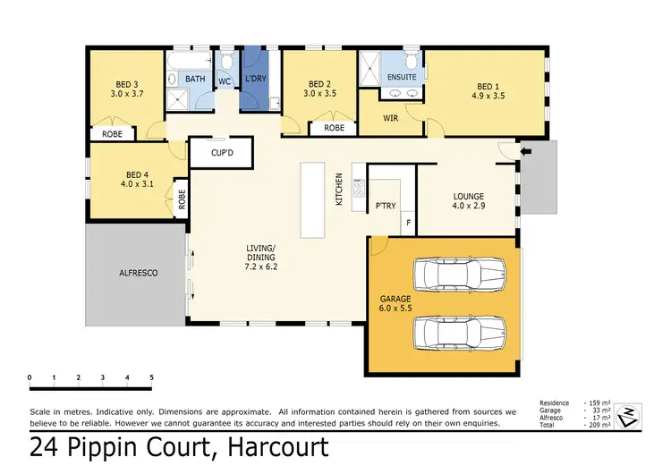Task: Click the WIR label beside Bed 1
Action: (390, 117)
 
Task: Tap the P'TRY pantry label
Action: (386, 207)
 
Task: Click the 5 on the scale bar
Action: (151, 377)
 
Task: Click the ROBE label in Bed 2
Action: (334, 128)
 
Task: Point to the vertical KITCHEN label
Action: (339, 190)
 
